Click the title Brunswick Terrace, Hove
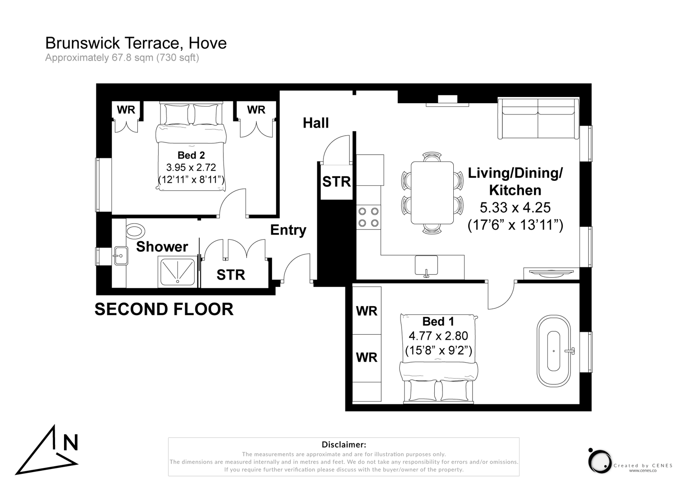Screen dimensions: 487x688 136,43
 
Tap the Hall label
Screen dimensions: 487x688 315,123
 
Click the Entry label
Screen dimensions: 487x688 288,230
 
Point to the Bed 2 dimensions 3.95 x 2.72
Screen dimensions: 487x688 191,167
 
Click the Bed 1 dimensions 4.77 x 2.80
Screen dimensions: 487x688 438,336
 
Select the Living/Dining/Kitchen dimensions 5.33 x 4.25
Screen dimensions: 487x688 515,207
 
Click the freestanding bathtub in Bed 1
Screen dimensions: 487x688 553,351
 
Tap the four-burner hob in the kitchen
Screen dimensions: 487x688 368,217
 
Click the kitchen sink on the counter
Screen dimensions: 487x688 426,265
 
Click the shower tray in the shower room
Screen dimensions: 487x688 178,272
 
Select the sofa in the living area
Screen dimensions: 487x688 538,119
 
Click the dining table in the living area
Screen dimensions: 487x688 432,193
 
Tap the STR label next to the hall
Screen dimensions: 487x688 336,182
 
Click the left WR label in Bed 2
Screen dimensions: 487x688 126,110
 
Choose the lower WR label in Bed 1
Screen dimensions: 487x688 366,358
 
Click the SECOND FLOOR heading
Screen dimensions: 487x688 164,309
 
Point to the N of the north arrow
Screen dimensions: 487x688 70,443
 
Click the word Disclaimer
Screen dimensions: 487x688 343,445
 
